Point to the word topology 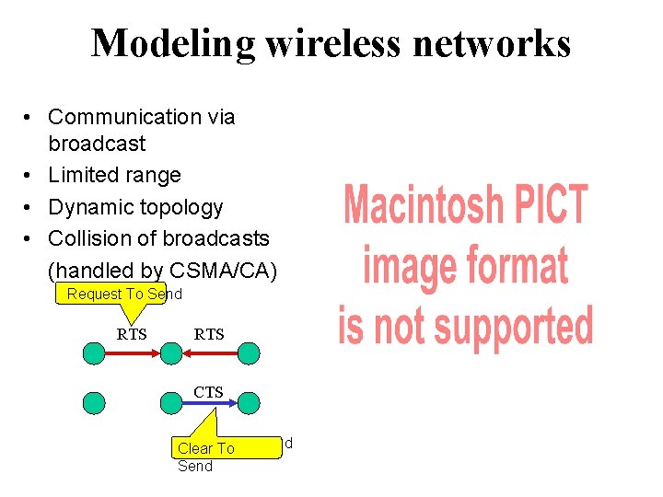click(x=177, y=207)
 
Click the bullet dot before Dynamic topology click(x=30, y=207)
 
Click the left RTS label click(x=132, y=334)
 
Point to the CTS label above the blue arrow click(x=208, y=392)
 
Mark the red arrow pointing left click(x=209, y=351)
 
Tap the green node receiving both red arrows click(x=170, y=352)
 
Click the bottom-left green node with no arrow click(x=94, y=402)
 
